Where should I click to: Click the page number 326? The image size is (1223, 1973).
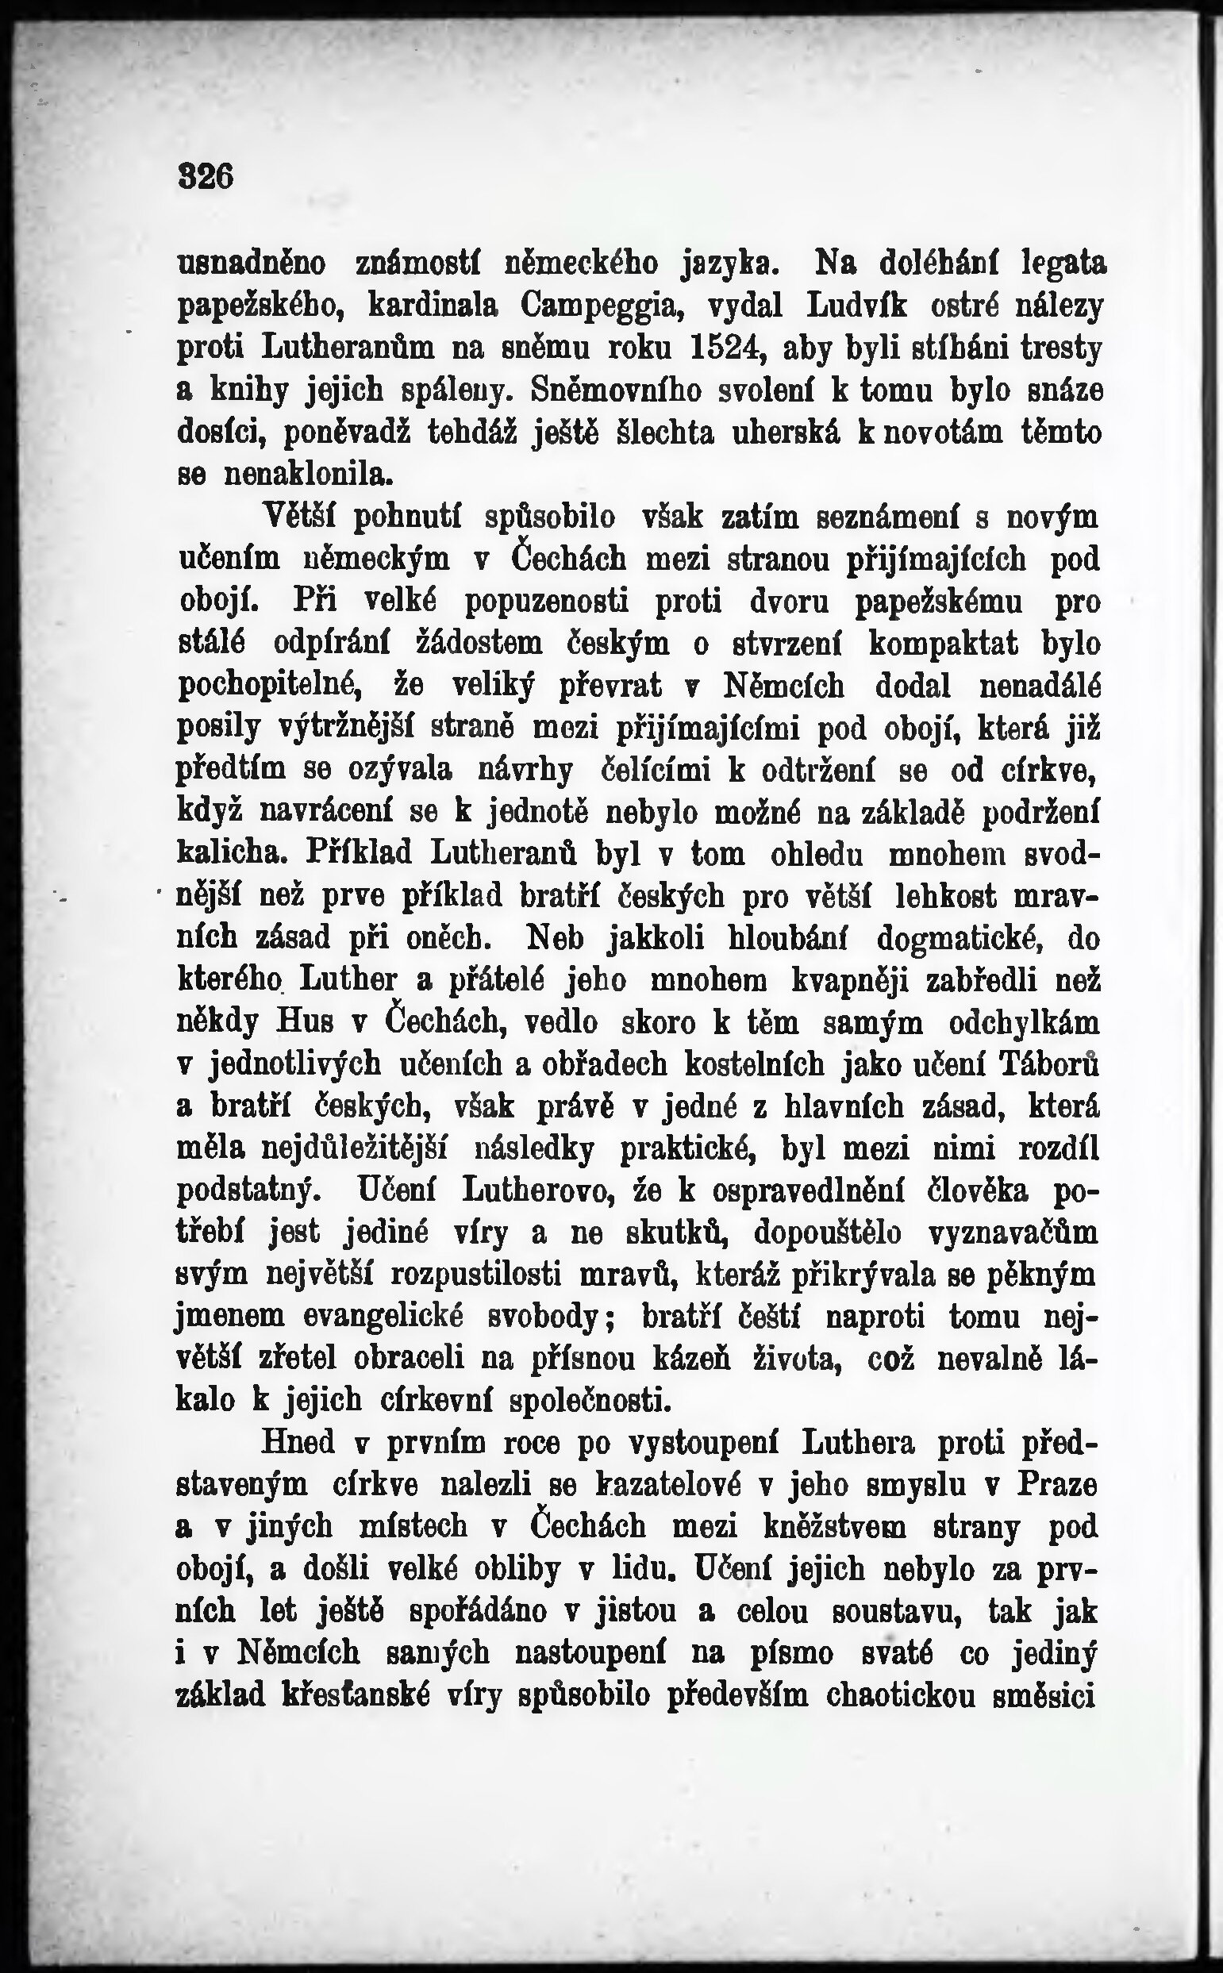(x=206, y=176)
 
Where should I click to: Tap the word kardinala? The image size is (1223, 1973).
(x=437, y=306)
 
